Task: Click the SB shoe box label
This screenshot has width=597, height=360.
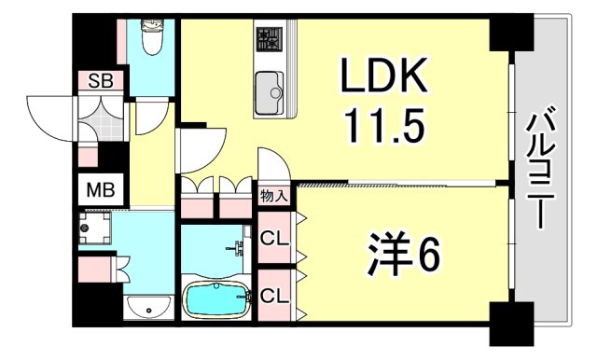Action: click(100, 81)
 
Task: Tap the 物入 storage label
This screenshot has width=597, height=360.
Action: click(273, 196)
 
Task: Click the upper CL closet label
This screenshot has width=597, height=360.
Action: click(273, 239)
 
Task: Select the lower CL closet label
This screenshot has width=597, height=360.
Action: click(273, 297)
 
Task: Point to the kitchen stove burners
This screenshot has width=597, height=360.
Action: click(271, 39)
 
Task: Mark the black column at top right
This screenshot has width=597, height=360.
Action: click(510, 33)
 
